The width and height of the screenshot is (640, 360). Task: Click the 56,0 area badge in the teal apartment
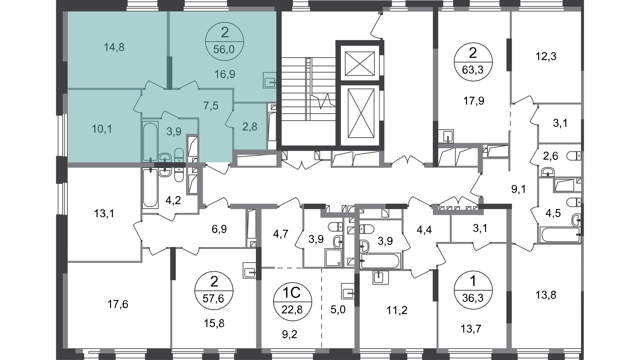[x=225, y=41]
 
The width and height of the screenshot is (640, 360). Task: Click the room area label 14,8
[x=114, y=47]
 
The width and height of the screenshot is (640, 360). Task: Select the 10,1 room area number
[x=102, y=129]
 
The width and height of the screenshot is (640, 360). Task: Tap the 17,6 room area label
[x=118, y=304]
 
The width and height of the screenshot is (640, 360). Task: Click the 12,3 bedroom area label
[x=546, y=56]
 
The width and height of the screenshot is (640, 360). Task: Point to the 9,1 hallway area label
[x=519, y=189]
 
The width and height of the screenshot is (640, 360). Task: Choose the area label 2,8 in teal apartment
[x=250, y=127]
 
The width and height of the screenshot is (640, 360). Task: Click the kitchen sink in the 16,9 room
[x=270, y=80]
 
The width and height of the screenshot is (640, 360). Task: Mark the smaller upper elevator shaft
[x=360, y=64]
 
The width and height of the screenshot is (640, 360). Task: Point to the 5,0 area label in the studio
[x=338, y=310]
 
